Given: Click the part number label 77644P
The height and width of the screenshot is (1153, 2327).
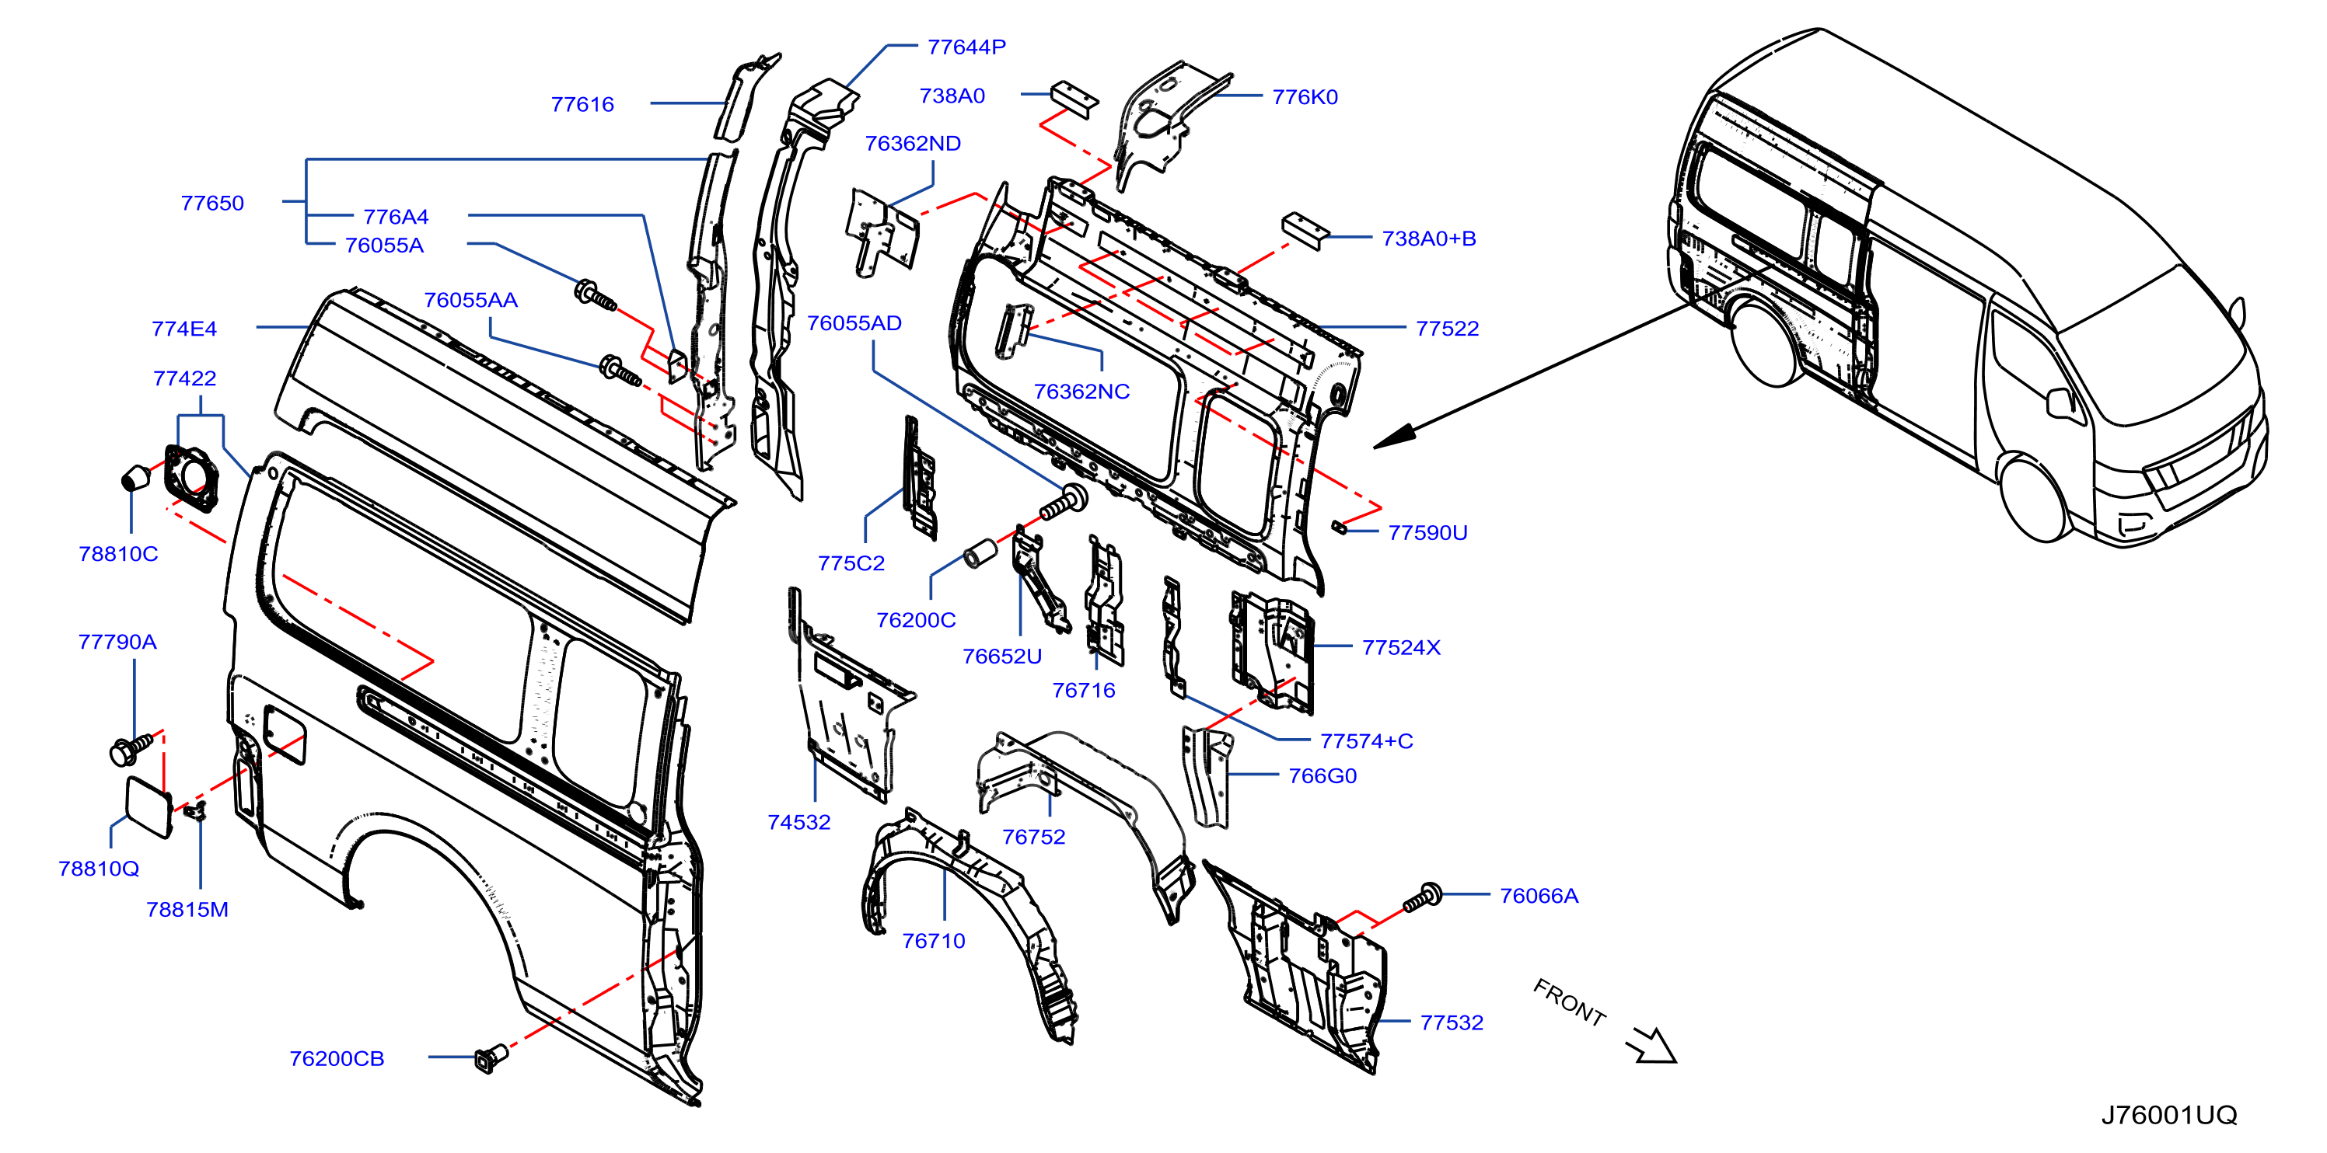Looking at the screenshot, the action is pos(966,47).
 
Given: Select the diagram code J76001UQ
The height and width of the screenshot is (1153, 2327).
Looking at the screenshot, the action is pos(2168,1114).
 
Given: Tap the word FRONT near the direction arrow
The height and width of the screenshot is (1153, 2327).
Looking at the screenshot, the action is pos(1569,1002).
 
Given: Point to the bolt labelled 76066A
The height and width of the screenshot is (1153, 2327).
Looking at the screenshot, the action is pos(1422,897).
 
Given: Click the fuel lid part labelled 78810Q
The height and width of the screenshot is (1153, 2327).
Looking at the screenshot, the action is pos(148,807).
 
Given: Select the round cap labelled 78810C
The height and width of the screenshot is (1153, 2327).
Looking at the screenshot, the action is pos(136,477).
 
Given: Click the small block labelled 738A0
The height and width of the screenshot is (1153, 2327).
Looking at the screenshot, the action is pos(1074,99).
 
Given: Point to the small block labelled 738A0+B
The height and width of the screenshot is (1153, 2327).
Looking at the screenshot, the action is pos(1305,230).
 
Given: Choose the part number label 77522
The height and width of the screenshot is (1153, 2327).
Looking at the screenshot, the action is pos(1446,329).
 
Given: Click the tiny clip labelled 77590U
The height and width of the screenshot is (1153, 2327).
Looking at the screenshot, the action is pos(1339,528).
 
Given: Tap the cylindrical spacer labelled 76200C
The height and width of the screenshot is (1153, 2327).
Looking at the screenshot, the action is pos(980,552).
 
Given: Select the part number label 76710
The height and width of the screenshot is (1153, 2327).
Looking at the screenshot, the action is pos(933,941).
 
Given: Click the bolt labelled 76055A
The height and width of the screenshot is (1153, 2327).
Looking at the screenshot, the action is pos(596,295).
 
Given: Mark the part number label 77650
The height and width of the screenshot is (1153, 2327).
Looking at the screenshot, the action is pos(212,203).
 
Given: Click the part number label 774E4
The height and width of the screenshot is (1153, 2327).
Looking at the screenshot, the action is pos(184,329).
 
